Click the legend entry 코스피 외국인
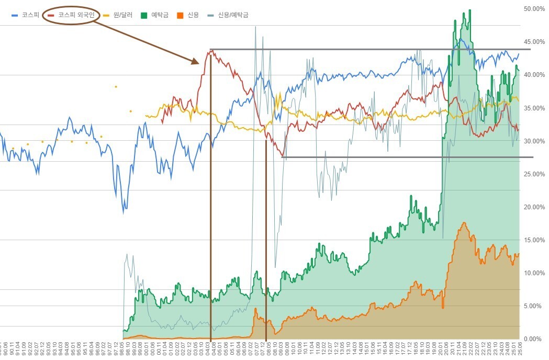(76, 15)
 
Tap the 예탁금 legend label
(160, 15)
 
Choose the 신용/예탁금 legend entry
(233, 15)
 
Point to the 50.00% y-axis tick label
(534, 9)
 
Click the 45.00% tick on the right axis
(534, 42)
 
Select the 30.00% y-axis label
(534, 141)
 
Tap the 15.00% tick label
(534, 240)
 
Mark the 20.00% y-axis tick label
(534, 207)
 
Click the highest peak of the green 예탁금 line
(470, 10)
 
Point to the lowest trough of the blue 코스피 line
(124, 212)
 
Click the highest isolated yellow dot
(116, 87)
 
